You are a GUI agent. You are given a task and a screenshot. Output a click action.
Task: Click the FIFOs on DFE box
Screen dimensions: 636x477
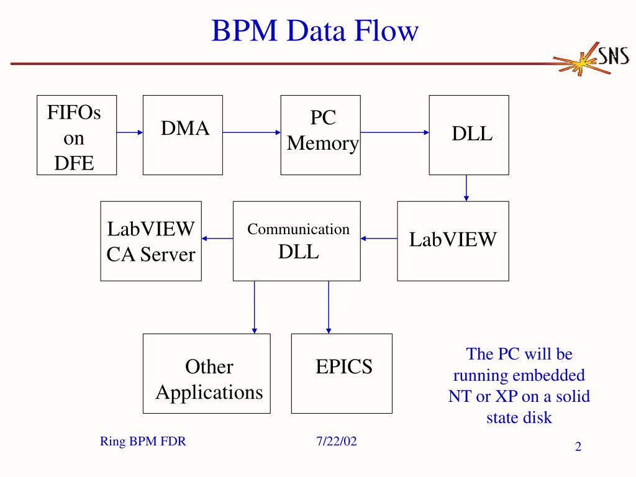[76, 135]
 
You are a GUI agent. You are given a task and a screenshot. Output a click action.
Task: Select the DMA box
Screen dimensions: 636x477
[183, 135]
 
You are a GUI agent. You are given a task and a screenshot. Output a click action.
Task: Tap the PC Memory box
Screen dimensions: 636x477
[320, 135]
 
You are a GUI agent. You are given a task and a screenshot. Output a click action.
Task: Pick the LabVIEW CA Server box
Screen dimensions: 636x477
[151, 241]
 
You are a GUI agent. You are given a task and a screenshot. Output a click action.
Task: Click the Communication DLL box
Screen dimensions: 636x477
[297, 241]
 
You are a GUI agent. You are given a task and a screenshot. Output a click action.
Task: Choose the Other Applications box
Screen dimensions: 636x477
[206, 373]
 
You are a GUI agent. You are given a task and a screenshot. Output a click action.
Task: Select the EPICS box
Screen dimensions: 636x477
[342, 373]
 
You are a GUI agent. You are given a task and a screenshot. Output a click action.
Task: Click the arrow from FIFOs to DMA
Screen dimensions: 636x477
[130, 132]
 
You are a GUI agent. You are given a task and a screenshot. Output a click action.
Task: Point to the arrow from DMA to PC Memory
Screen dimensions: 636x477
[252, 132]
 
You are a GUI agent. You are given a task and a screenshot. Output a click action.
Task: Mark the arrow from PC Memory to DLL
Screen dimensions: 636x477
[394, 132]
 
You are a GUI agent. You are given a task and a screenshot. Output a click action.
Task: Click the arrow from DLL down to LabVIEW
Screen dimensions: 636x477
[466, 188]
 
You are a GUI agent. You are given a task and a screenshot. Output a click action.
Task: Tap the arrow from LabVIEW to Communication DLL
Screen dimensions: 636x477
[379, 238]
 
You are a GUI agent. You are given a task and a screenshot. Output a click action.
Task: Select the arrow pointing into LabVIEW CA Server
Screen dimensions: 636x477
[217, 238]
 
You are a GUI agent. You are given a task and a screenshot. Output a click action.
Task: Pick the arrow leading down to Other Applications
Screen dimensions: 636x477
[254, 307]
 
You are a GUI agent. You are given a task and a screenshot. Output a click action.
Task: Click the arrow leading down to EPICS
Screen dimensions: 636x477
[329, 307]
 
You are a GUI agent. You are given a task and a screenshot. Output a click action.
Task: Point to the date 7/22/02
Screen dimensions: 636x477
[337, 441]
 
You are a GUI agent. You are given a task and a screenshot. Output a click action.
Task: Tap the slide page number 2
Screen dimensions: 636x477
[578, 447]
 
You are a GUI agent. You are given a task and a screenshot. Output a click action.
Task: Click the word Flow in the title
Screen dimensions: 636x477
[386, 31]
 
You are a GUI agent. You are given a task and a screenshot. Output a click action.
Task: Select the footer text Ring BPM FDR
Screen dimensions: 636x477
[143, 441]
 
